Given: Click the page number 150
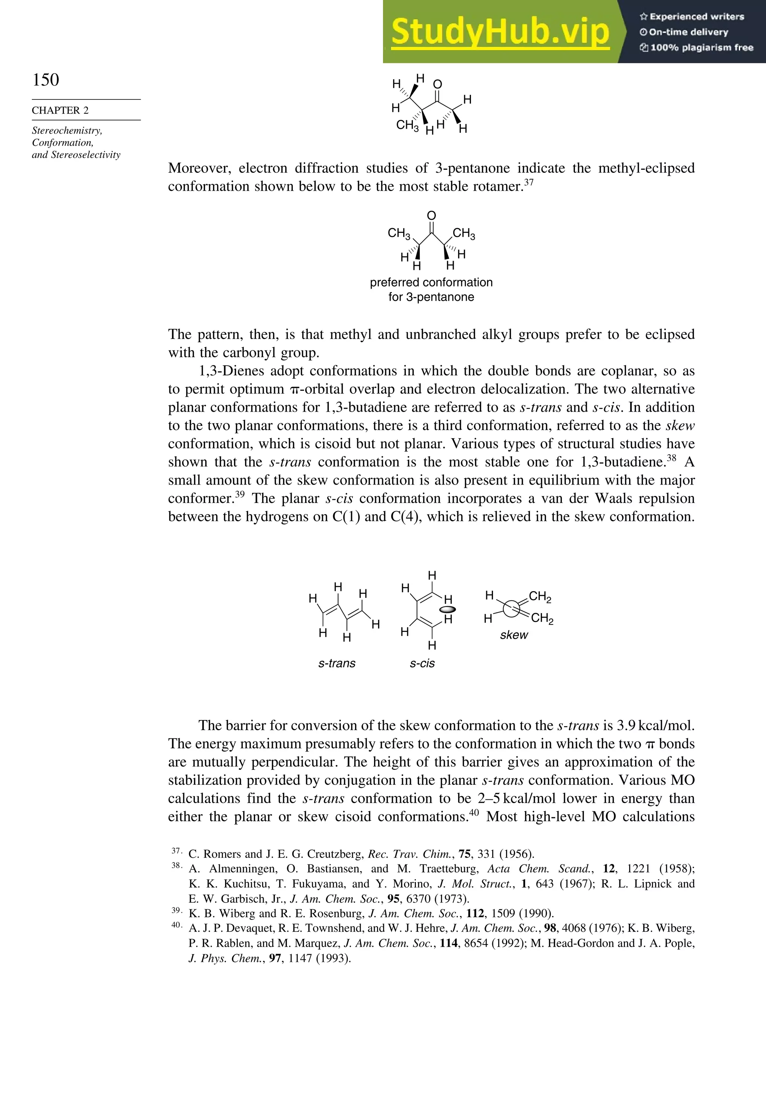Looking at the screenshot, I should [x=46, y=80].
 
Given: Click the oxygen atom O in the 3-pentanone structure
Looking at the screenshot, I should [x=431, y=216].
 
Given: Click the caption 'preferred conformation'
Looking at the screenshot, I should [x=431, y=283].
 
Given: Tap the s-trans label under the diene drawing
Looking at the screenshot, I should [x=337, y=663].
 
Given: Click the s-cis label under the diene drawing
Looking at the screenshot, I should [x=422, y=663].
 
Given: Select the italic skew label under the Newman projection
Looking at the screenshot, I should [x=514, y=635].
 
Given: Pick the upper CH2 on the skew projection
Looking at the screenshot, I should [x=540, y=597].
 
